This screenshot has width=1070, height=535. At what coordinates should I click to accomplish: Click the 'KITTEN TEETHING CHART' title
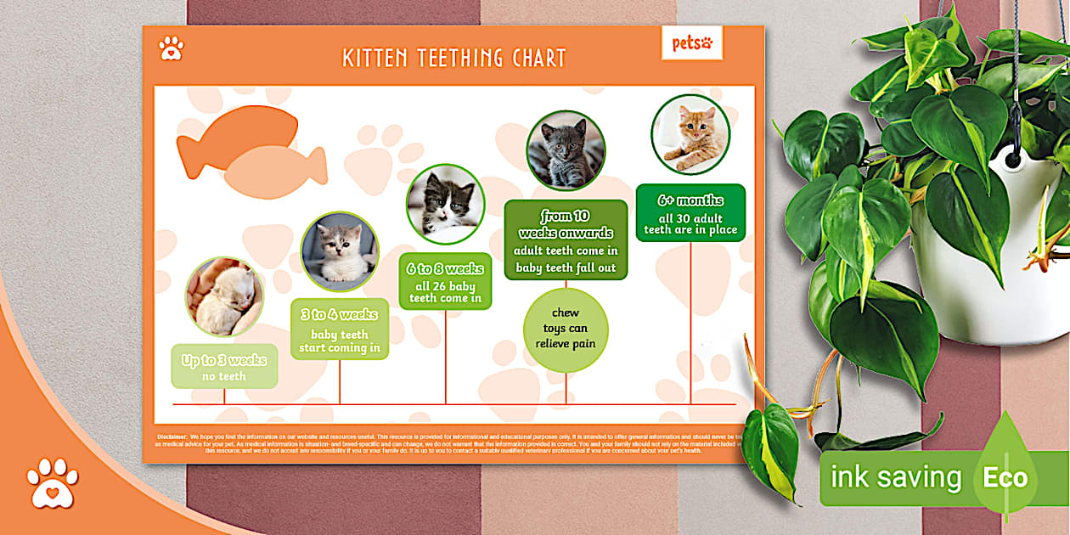click(x=453, y=58)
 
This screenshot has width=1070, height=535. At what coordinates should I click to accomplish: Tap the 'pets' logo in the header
click(x=692, y=42)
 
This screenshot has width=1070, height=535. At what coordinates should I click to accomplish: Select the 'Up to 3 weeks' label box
click(x=224, y=367)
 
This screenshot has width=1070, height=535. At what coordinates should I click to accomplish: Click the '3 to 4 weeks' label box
click(x=340, y=329)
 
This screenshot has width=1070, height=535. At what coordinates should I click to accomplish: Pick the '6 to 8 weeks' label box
click(x=445, y=282)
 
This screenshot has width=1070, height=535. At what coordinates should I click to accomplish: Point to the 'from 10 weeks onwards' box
click(x=566, y=240)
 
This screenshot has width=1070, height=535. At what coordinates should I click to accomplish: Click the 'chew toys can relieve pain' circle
click(x=566, y=329)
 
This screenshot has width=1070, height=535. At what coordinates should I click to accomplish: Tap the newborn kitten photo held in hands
click(x=224, y=297)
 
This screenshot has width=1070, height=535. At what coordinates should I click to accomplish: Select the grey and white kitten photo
click(x=340, y=251)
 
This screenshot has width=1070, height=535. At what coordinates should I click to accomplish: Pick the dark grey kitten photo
click(x=566, y=150)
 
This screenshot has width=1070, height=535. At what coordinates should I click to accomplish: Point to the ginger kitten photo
click(x=690, y=133)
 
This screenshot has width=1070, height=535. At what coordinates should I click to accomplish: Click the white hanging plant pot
click(x=994, y=255)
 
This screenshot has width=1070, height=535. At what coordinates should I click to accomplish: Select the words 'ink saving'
click(x=895, y=477)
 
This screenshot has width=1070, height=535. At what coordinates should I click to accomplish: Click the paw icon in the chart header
click(x=172, y=48)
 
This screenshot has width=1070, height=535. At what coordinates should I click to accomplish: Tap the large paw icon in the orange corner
click(x=52, y=483)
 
